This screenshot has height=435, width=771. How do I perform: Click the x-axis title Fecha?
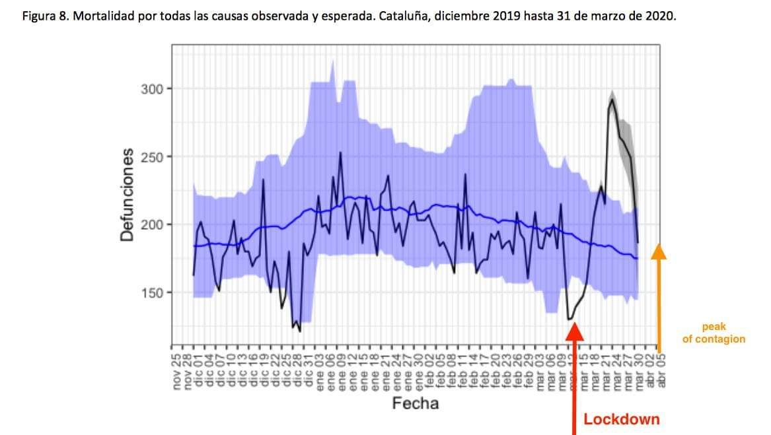[416, 403]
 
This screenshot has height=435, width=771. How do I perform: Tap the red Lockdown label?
[621, 419]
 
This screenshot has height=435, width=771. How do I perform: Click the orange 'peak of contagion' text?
[714, 333]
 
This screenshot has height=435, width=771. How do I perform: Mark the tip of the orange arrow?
[659, 246]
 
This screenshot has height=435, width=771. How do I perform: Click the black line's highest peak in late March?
[612, 99]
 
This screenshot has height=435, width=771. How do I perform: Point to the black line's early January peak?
[340, 152]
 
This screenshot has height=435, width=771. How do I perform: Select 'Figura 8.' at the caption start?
[45, 17]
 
